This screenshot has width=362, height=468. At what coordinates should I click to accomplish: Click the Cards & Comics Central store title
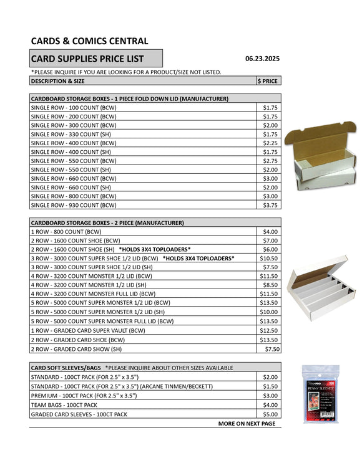pyautogui.click(x=89, y=41)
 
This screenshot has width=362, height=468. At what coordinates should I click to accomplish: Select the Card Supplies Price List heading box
pyautogui.click(x=96, y=59)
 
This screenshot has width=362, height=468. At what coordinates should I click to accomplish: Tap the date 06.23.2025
pyautogui.click(x=262, y=59)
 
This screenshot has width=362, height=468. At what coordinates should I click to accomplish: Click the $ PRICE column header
pyautogui.click(x=268, y=81)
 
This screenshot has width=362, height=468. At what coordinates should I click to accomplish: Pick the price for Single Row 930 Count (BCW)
pyautogui.click(x=270, y=204)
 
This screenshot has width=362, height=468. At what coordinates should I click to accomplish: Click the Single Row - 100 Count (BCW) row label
pyautogui.click(x=73, y=108)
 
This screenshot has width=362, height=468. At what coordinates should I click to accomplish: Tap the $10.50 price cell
pyautogui.click(x=269, y=257)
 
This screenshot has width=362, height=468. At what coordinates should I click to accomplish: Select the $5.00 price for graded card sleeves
pyautogui.click(x=270, y=414)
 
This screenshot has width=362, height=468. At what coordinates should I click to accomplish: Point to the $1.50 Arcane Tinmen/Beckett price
pyautogui.click(x=270, y=386)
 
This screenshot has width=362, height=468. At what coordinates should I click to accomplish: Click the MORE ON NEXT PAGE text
pyautogui.click(x=246, y=423)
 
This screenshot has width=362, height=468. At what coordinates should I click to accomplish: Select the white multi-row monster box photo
pyautogui.click(x=320, y=285)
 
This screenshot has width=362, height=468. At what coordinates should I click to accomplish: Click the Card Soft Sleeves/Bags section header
pyautogui.click(x=67, y=368)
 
